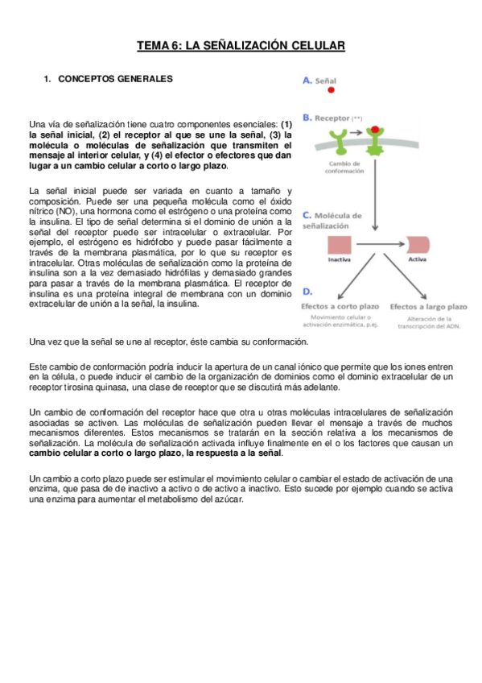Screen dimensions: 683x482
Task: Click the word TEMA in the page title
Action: coord(153,47)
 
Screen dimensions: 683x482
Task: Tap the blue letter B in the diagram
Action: coord(307,118)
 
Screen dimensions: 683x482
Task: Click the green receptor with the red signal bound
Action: coord(375,143)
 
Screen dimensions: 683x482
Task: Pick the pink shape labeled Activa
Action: coord(418,245)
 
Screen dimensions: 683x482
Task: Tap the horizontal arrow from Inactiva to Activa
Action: coord(373,245)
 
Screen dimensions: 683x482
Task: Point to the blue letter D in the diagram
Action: coord(307,291)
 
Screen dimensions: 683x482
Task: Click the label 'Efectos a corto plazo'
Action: coord(341,307)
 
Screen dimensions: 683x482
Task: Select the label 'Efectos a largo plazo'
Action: coord(429,307)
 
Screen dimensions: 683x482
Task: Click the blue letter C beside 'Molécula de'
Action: coord(307,216)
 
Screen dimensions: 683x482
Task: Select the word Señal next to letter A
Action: coord(325,81)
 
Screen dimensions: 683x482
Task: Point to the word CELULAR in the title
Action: coord(314,47)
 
